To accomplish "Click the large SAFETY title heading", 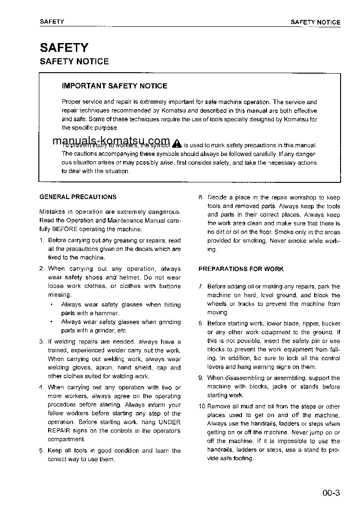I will pyautogui.click(x=64, y=47).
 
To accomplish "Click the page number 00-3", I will pyautogui.click(x=331, y=493).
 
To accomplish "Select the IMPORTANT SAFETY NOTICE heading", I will pyautogui.click(x=114, y=86).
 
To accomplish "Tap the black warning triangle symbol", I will pyautogui.click(x=176, y=144).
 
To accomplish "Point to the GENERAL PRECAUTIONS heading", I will pyautogui.click(x=78, y=197).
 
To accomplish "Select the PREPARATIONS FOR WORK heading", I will pyautogui.click(x=241, y=269).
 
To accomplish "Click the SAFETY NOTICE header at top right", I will pyautogui.click(x=315, y=22).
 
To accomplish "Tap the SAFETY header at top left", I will pyautogui.click(x=52, y=22).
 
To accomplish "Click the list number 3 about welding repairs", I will pyautogui.click(x=42, y=342).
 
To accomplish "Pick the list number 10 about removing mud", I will pyautogui.click(x=202, y=406).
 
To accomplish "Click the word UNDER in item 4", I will pyautogui.click(x=169, y=422).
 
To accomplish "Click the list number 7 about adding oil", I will pyautogui.click(x=201, y=287).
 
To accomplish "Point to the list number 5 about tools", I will pyautogui.click(x=42, y=450).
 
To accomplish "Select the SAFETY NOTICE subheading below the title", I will pyautogui.click(x=74, y=62).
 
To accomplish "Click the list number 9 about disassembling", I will pyautogui.click(x=201, y=378).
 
